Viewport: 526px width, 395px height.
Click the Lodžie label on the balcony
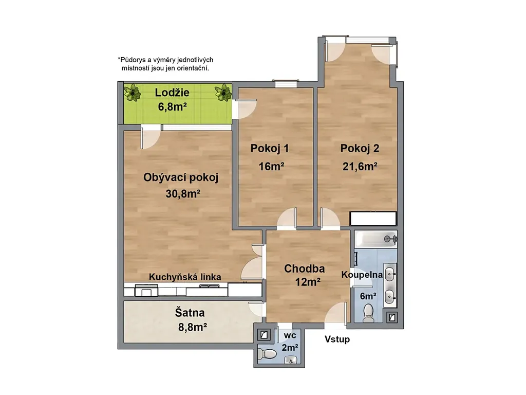pyautogui.click(x=172, y=93)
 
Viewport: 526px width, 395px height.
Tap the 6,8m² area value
pyautogui.click(x=172, y=107)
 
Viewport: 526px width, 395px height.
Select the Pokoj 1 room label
pyautogui.click(x=269, y=149)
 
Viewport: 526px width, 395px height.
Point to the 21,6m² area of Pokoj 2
pyautogui.click(x=360, y=166)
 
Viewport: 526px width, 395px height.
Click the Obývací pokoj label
pyautogui.click(x=181, y=177)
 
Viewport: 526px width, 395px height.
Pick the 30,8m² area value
pyautogui.click(x=183, y=194)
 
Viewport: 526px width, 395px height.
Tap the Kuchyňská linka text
pyautogui.click(x=185, y=277)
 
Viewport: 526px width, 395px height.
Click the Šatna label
pyautogui.click(x=190, y=313)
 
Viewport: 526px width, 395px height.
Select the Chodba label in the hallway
pyautogui.click(x=304, y=268)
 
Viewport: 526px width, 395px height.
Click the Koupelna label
pyautogui.click(x=362, y=275)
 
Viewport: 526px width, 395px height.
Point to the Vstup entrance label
pyautogui.click(x=337, y=339)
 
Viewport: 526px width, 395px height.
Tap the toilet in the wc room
pyautogui.click(x=267, y=353)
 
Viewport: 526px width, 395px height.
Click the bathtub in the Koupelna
pyautogui.click(x=375, y=239)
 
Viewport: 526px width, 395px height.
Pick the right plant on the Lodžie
pyautogui.click(x=223, y=92)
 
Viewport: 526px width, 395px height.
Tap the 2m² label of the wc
pyautogui.click(x=290, y=347)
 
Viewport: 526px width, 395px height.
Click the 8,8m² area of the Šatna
pyautogui.click(x=192, y=327)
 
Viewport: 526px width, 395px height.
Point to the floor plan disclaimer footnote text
pyautogui.click(x=165, y=64)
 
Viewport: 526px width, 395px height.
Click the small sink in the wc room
pyautogui.click(x=291, y=361)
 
